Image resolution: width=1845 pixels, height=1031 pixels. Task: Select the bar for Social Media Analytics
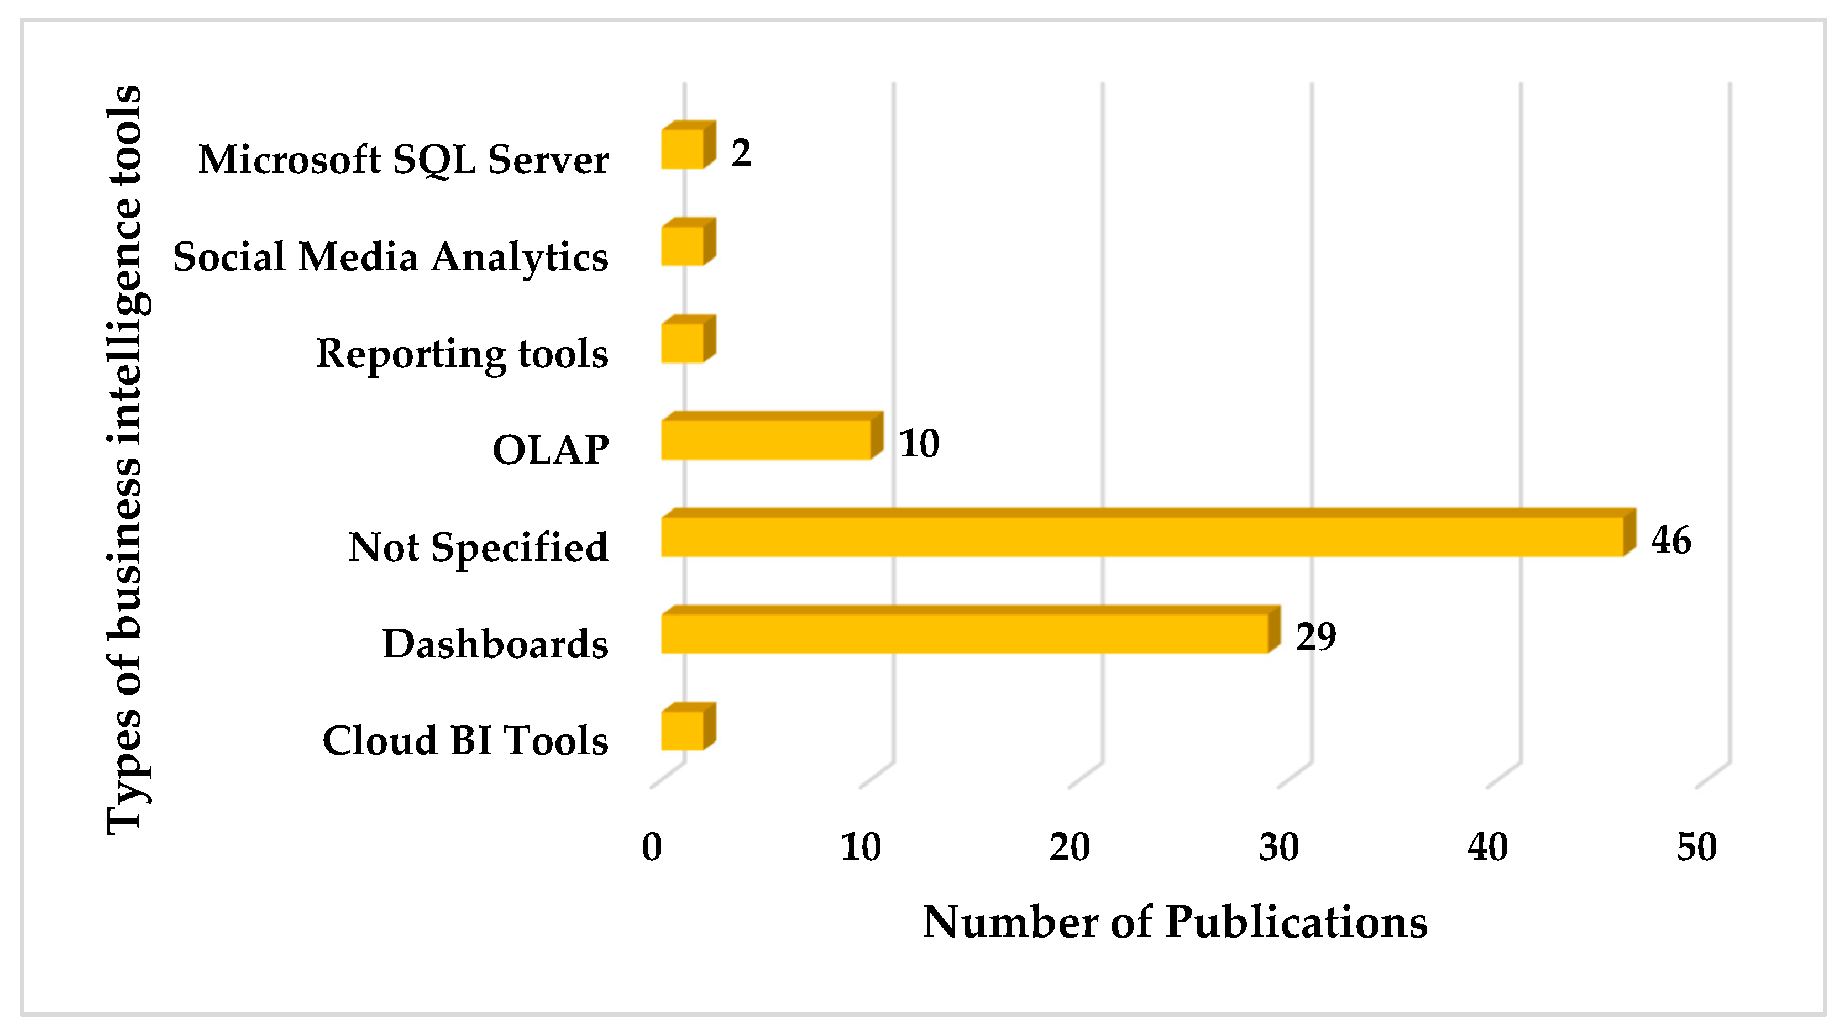pyautogui.click(x=683, y=245)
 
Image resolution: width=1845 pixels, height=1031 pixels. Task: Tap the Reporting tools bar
pyautogui.click(x=683, y=342)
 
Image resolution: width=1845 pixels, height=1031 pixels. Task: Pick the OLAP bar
pyautogui.click(x=767, y=439)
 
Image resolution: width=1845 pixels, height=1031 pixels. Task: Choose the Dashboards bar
pyautogui.click(x=965, y=633)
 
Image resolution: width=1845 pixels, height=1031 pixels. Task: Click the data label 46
pyautogui.click(x=1671, y=540)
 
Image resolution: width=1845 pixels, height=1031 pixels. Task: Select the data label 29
pyautogui.click(x=1315, y=637)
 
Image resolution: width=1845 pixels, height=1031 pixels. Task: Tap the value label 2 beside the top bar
pyautogui.click(x=741, y=152)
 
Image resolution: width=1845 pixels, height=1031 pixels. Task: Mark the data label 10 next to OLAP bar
pyautogui.click(x=919, y=443)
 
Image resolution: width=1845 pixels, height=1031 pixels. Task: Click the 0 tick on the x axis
pyautogui.click(x=652, y=847)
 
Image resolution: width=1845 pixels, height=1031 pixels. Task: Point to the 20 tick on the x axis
pyautogui.click(x=1070, y=847)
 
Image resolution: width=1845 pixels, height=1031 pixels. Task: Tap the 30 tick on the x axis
pyautogui.click(x=1279, y=847)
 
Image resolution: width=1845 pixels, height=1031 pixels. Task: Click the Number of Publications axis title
pyautogui.click(x=1175, y=922)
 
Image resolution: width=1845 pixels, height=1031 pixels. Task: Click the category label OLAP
pyautogui.click(x=550, y=450)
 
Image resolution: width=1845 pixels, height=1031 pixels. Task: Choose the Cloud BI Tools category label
pyautogui.click(x=465, y=740)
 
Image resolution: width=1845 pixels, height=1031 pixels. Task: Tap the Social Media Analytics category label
pyautogui.click(x=390, y=256)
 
